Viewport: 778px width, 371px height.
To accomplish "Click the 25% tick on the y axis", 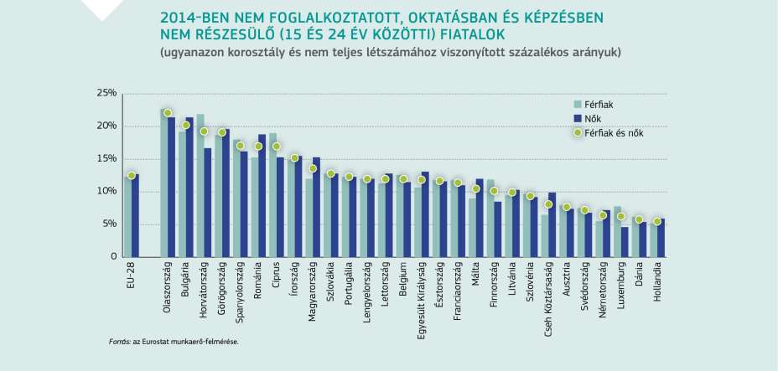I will point(106,94).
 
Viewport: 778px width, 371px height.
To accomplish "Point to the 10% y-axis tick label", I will point(106,192).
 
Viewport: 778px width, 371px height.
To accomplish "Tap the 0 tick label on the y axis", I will point(112,257).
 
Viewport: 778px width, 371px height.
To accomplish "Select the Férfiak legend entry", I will point(599,104).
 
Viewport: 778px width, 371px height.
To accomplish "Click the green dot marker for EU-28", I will point(132,175).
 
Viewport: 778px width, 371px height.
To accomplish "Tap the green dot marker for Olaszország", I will point(168,113).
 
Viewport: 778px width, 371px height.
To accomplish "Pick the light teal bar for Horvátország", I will point(200,185).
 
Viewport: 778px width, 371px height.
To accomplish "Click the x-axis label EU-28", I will point(132,275).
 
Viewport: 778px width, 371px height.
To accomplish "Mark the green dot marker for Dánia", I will point(639,219).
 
